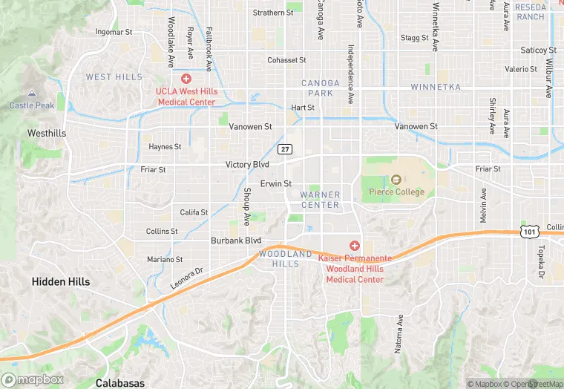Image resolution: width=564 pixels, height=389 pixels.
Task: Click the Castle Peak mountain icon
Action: (x=31, y=94)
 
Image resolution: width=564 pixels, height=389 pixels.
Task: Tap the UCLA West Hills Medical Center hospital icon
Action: (x=186, y=78)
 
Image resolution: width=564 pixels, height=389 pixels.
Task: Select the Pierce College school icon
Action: (x=396, y=180)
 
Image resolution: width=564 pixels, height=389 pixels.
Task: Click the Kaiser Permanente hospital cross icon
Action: (x=355, y=246)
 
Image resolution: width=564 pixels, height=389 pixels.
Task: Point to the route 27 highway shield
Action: (x=285, y=149)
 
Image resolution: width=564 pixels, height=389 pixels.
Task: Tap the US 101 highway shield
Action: (x=528, y=232)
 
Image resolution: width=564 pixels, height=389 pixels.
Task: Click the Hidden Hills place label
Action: (x=61, y=282)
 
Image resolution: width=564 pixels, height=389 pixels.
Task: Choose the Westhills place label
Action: (x=47, y=134)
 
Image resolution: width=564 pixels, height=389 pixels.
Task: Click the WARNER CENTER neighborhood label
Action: (x=320, y=200)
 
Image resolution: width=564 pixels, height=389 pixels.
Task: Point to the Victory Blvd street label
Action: (x=247, y=164)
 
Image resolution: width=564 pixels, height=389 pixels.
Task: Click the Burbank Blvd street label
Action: (x=236, y=241)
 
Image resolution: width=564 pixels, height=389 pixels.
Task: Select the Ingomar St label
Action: (x=114, y=32)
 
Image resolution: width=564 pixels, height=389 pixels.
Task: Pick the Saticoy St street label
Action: (x=538, y=50)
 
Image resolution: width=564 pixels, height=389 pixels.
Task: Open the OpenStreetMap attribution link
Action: (x=533, y=384)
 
